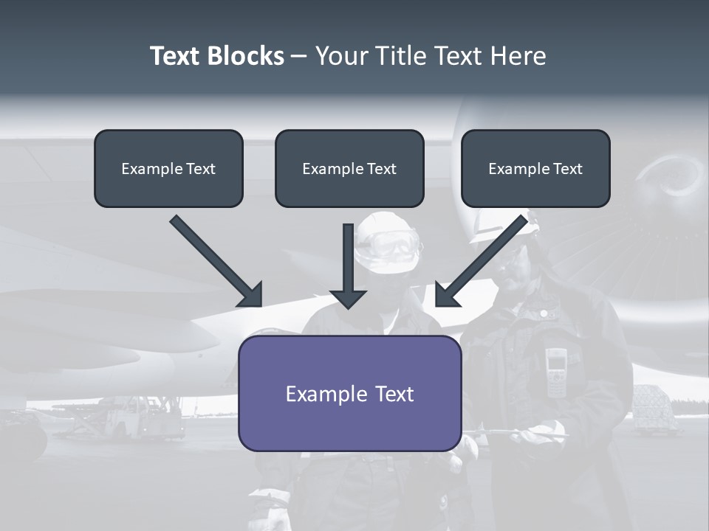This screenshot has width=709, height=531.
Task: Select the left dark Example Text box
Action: click(x=168, y=168)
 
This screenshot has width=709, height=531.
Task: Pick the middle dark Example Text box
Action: click(x=349, y=168)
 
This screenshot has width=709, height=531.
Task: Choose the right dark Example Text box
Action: click(x=535, y=168)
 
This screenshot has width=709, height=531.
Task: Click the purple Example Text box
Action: click(x=349, y=393)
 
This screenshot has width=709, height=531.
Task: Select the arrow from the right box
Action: click(x=481, y=261)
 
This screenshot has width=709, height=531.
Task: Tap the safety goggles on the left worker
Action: click(x=393, y=243)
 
